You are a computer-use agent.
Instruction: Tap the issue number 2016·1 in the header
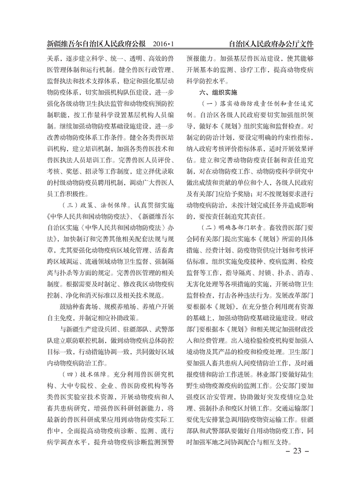(x=164, y=45)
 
